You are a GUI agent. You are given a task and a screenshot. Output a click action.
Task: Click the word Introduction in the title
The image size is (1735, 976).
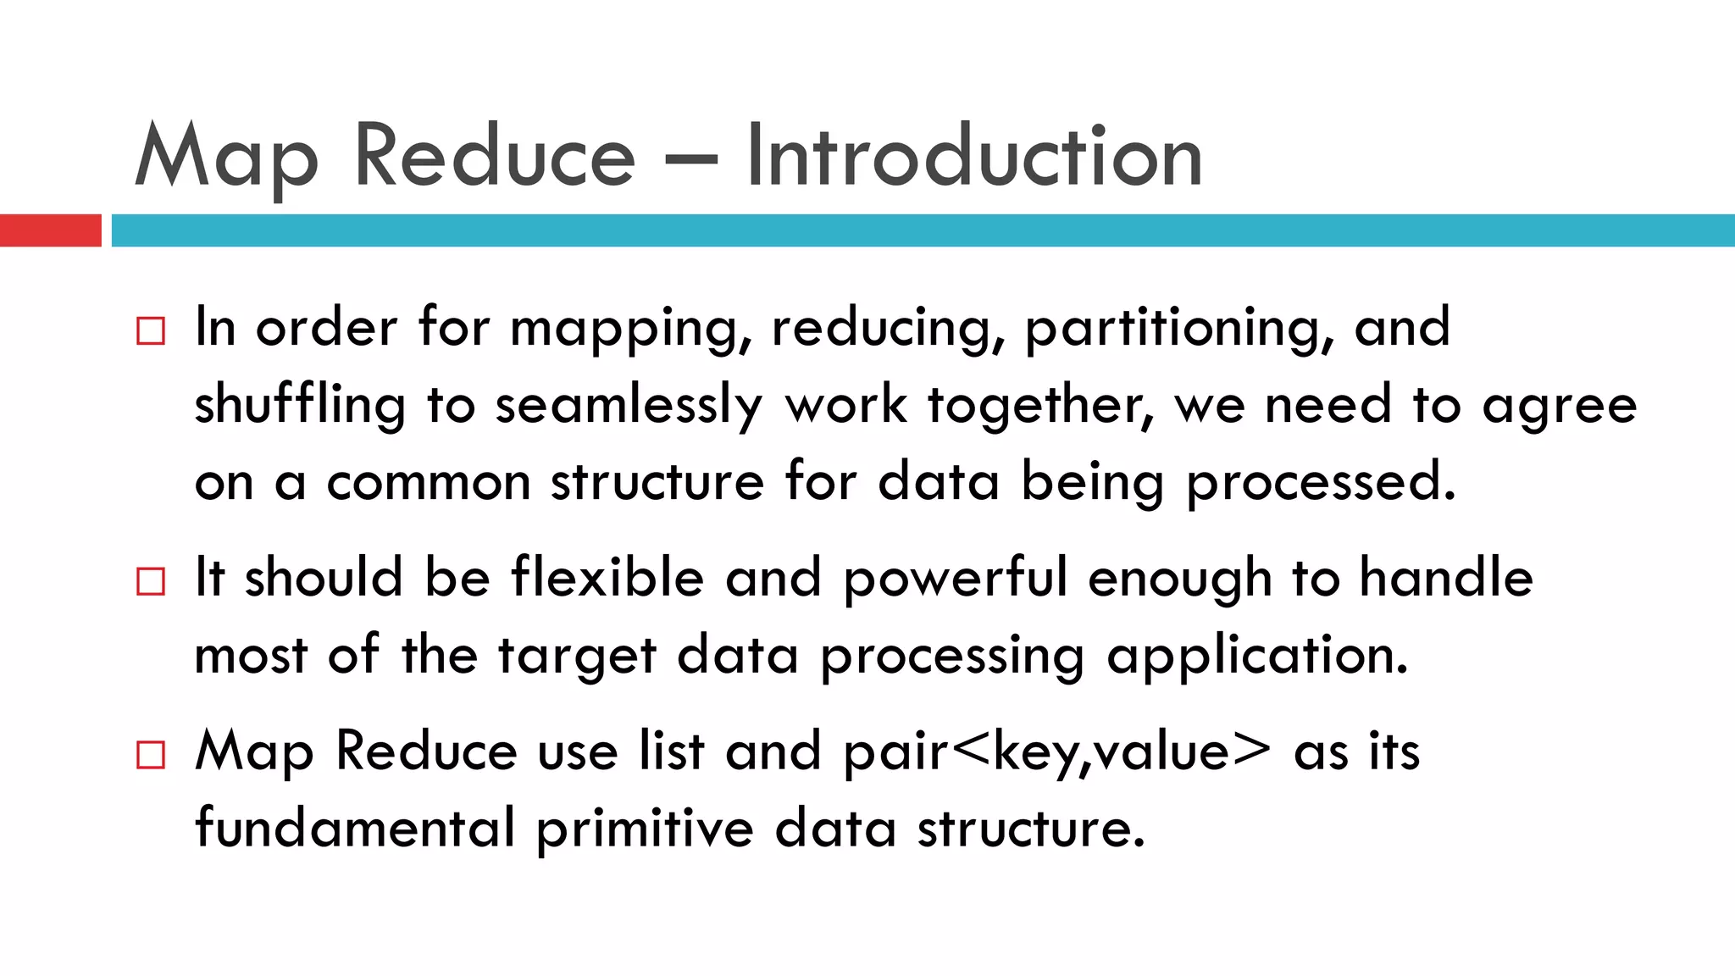click(974, 157)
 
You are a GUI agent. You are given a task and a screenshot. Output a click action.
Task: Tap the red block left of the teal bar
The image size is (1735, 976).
click(50, 230)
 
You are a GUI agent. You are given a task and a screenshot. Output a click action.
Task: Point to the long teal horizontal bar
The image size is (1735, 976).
click(923, 230)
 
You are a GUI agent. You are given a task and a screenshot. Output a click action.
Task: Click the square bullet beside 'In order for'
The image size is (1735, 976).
click(151, 330)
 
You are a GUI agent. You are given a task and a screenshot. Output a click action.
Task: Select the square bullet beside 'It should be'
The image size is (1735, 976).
click(151, 581)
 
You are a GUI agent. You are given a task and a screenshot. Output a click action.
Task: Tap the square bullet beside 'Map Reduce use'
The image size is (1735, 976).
click(151, 754)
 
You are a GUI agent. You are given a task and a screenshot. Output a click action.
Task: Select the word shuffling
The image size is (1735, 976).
click(300, 406)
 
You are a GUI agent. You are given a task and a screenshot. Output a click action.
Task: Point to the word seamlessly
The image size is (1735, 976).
click(629, 406)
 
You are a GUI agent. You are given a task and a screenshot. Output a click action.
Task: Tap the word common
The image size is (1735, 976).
click(429, 483)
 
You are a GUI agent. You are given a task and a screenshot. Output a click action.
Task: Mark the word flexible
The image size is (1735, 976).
click(607, 579)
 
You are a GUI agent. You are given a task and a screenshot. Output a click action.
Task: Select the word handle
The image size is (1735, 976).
click(1446, 579)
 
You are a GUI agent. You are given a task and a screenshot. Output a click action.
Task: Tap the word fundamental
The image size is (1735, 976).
click(355, 828)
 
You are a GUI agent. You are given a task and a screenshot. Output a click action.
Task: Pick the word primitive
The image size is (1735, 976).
click(645, 829)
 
